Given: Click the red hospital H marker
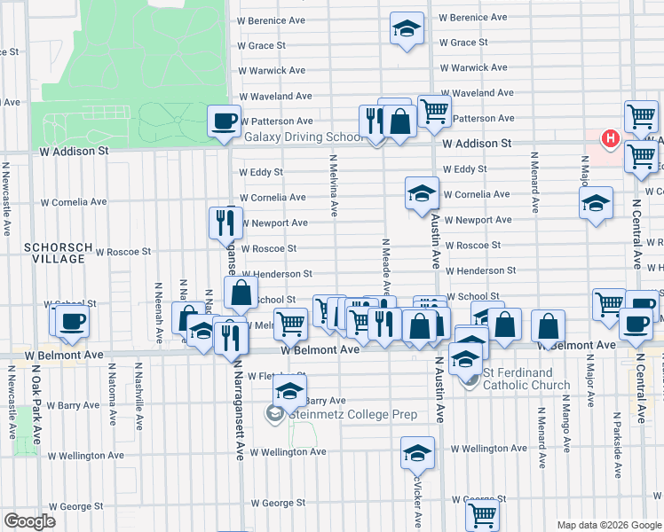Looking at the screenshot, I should point(611,138).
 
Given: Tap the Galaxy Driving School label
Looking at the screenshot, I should point(304,137).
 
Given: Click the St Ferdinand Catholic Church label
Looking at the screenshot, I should point(526,379).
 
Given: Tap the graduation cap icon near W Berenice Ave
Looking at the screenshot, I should point(407,28).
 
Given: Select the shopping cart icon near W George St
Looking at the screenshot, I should point(482,512).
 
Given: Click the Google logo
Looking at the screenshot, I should point(29,520).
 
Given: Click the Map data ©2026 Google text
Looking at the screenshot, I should point(608,525).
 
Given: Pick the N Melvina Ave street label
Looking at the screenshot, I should point(334,186).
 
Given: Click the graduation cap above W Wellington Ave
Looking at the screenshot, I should point(417,452).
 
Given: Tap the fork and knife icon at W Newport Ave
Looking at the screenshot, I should point(225,223).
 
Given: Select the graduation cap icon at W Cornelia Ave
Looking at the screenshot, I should point(421,193).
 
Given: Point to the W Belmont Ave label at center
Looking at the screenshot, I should point(320,349).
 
